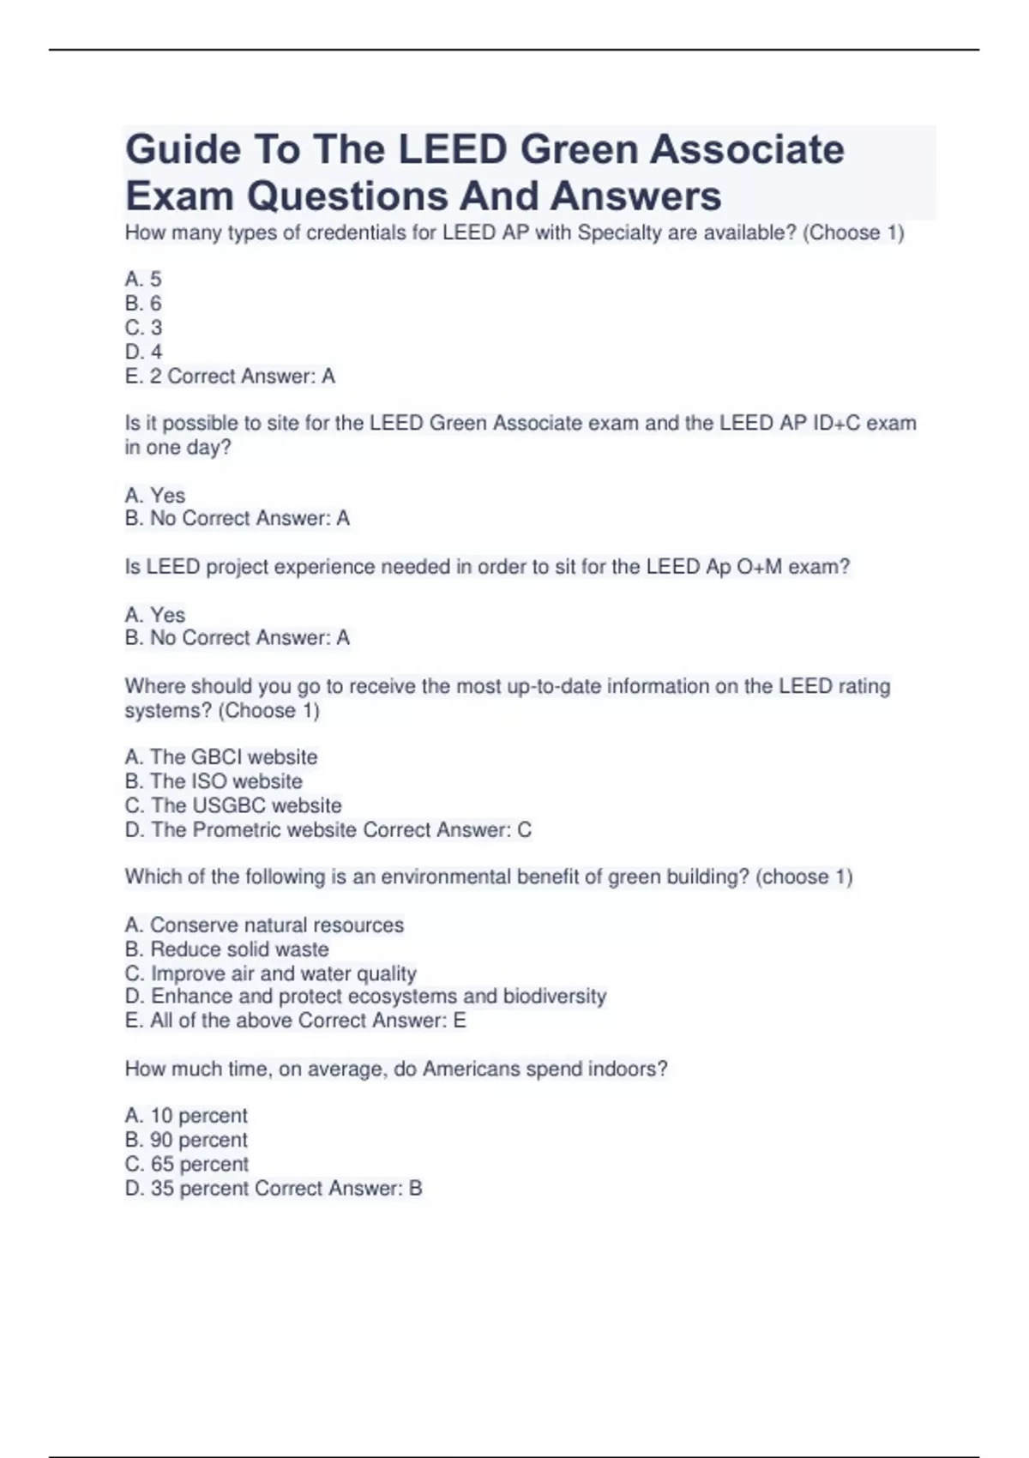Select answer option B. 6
click(143, 304)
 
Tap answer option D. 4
click(143, 352)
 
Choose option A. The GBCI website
click(221, 757)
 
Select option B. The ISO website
click(214, 781)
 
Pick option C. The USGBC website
click(233, 805)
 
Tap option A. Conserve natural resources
click(264, 925)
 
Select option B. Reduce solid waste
click(227, 949)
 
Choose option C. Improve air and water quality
click(271, 973)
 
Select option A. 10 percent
click(186, 1116)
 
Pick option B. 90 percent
click(186, 1140)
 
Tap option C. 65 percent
click(187, 1164)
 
